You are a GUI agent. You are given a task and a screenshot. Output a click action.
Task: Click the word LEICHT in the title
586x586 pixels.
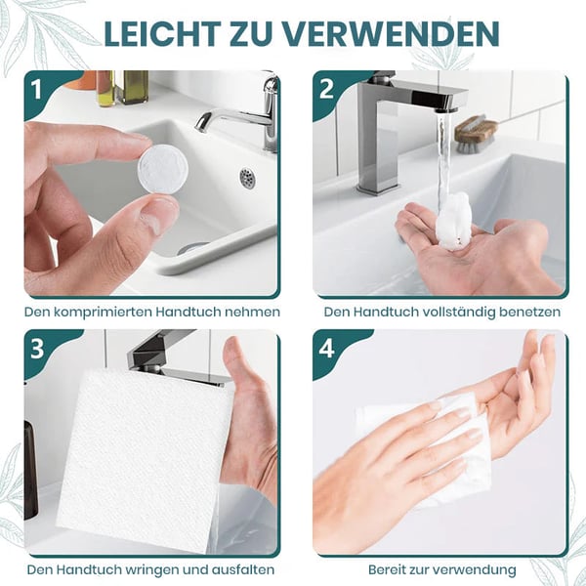click(162, 33)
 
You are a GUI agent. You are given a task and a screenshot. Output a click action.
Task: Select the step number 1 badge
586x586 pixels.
click(36, 90)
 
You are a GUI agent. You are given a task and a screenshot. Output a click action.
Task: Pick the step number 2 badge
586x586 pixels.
click(326, 90)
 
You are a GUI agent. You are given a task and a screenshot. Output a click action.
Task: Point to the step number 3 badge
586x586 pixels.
click(37, 349)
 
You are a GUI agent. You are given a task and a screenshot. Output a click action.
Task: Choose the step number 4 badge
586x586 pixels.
click(326, 349)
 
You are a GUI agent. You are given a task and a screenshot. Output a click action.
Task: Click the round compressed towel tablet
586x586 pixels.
click(163, 170)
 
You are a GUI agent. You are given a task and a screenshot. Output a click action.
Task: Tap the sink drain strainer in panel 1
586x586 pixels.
click(247, 179)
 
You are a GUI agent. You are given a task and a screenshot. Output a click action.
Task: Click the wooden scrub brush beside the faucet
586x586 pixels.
click(477, 134)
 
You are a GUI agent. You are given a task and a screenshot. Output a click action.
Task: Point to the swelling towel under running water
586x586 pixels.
click(452, 222)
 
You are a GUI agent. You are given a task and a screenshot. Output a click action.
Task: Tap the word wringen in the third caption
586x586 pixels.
click(146, 570)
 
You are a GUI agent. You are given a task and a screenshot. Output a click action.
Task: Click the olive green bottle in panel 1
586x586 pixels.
click(134, 87)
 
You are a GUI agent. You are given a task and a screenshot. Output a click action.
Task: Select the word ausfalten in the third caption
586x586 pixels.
click(243, 570)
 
